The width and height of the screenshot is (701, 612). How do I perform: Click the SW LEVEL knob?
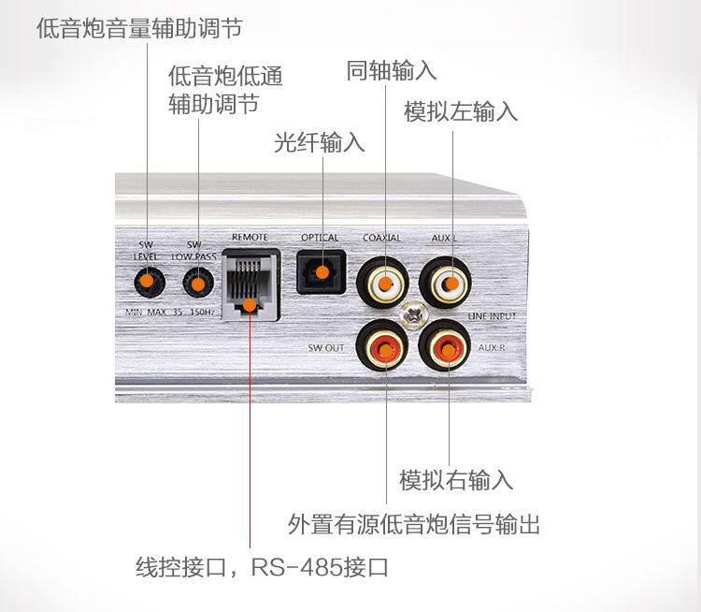[x=150, y=282]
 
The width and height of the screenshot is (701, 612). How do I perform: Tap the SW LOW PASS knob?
[x=198, y=282]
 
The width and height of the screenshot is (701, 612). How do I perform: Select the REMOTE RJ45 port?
[x=251, y=284]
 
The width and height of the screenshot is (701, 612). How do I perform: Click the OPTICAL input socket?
[x=322, y=272]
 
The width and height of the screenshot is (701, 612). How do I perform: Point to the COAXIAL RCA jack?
[x=382, y=283]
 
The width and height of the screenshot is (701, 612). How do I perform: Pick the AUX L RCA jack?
[x=445, y=283]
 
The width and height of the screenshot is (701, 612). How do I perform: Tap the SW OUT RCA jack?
[x=382, y=345]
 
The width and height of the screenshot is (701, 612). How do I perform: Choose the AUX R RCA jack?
[x=445, y=345]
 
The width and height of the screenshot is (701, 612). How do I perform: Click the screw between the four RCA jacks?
[x=414, y=313]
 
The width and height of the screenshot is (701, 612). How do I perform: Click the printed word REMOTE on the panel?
[x=250, y=238]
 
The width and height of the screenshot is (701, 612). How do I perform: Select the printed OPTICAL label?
[x=320, y=238]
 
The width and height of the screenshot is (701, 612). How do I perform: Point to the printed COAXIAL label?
[x=381, y=238]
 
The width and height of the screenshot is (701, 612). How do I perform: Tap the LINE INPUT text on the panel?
[x=492, y=316]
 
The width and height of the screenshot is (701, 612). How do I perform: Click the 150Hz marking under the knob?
[x=203, y=312]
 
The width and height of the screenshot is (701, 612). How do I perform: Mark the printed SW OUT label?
[x=326, y=348]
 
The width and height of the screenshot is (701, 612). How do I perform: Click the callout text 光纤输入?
[x=320, y=142]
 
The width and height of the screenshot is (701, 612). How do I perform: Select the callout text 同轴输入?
[x=392, y=71]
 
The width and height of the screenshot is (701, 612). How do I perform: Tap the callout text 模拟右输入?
[x=456, y=480]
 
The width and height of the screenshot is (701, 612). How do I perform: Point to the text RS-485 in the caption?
[x=297, y=567]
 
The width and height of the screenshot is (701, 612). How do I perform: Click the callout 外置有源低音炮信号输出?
[x=414, y=524]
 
